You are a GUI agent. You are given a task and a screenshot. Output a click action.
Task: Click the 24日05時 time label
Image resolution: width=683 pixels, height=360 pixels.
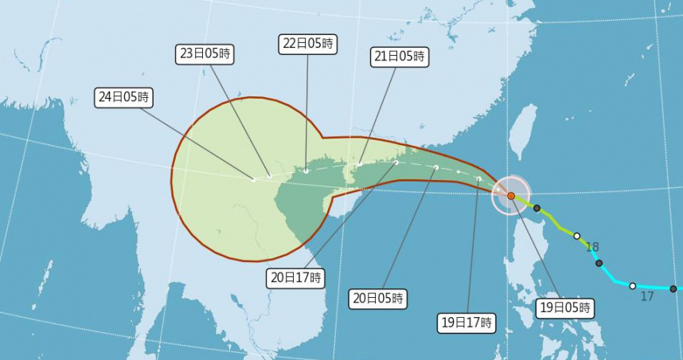pos(123,97)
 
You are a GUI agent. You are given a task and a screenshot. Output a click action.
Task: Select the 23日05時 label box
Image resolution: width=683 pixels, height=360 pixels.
pos(205,54)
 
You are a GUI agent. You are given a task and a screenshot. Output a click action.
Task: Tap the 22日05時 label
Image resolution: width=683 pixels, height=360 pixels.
pos(307,44)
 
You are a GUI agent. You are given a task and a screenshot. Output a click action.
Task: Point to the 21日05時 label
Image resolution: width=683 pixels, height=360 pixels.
pos(400,57)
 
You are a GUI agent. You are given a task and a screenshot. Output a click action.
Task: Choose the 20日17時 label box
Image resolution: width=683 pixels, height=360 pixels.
pos(295,278)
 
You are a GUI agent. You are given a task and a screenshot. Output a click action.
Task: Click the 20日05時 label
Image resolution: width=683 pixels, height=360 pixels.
pos(378,299)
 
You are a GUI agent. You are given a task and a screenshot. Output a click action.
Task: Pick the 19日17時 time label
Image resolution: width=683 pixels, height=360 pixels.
pos(467,323)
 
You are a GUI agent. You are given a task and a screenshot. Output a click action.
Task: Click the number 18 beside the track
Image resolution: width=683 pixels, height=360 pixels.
pos(592,247)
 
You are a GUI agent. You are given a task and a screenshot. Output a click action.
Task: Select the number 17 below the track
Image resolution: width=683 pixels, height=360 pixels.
pos(646,296)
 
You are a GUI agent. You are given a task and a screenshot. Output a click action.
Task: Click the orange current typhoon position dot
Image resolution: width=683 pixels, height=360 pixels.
pos(511,195)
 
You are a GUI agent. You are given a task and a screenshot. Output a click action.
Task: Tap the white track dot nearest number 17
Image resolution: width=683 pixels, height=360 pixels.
pos(633,285)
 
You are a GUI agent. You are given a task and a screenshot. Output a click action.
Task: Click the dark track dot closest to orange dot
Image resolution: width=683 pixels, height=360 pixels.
pos(537,209)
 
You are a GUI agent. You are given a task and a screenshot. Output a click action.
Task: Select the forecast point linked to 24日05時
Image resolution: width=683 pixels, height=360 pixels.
pos(254,179)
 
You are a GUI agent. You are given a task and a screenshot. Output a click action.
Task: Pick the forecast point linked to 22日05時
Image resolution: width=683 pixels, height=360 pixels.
pos(306,170)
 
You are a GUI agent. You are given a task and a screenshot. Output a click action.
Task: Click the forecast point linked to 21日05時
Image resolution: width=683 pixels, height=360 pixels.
pos(360,165)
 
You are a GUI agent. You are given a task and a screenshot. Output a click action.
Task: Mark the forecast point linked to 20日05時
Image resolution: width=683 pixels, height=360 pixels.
pos(436,167)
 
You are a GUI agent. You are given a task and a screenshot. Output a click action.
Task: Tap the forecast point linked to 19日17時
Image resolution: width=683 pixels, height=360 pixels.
pos(478,178)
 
